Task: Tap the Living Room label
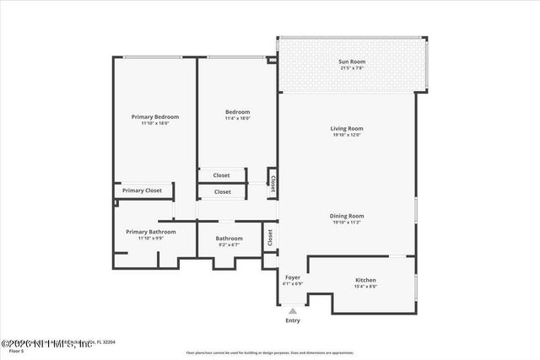[x=347, y=128]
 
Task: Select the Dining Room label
[x=347, y=216]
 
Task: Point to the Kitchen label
[x=365, y=280]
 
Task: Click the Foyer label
[x=293, y=277]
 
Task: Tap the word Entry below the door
[x=293, y=320]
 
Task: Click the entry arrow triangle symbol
[x=293, y=311]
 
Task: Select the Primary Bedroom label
[x=155, y=116]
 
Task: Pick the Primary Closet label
[x=142, y=191]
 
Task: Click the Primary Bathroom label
[x=151, y=232]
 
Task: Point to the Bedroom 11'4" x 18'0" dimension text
[x=237, y=119]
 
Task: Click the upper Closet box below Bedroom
[x=221, y=175]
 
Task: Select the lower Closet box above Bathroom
[x=222, y=191]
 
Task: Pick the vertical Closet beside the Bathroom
[x=270, y=238]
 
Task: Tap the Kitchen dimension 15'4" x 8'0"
[x=365, y=287]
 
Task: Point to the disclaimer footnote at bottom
[x=270, y=353]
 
